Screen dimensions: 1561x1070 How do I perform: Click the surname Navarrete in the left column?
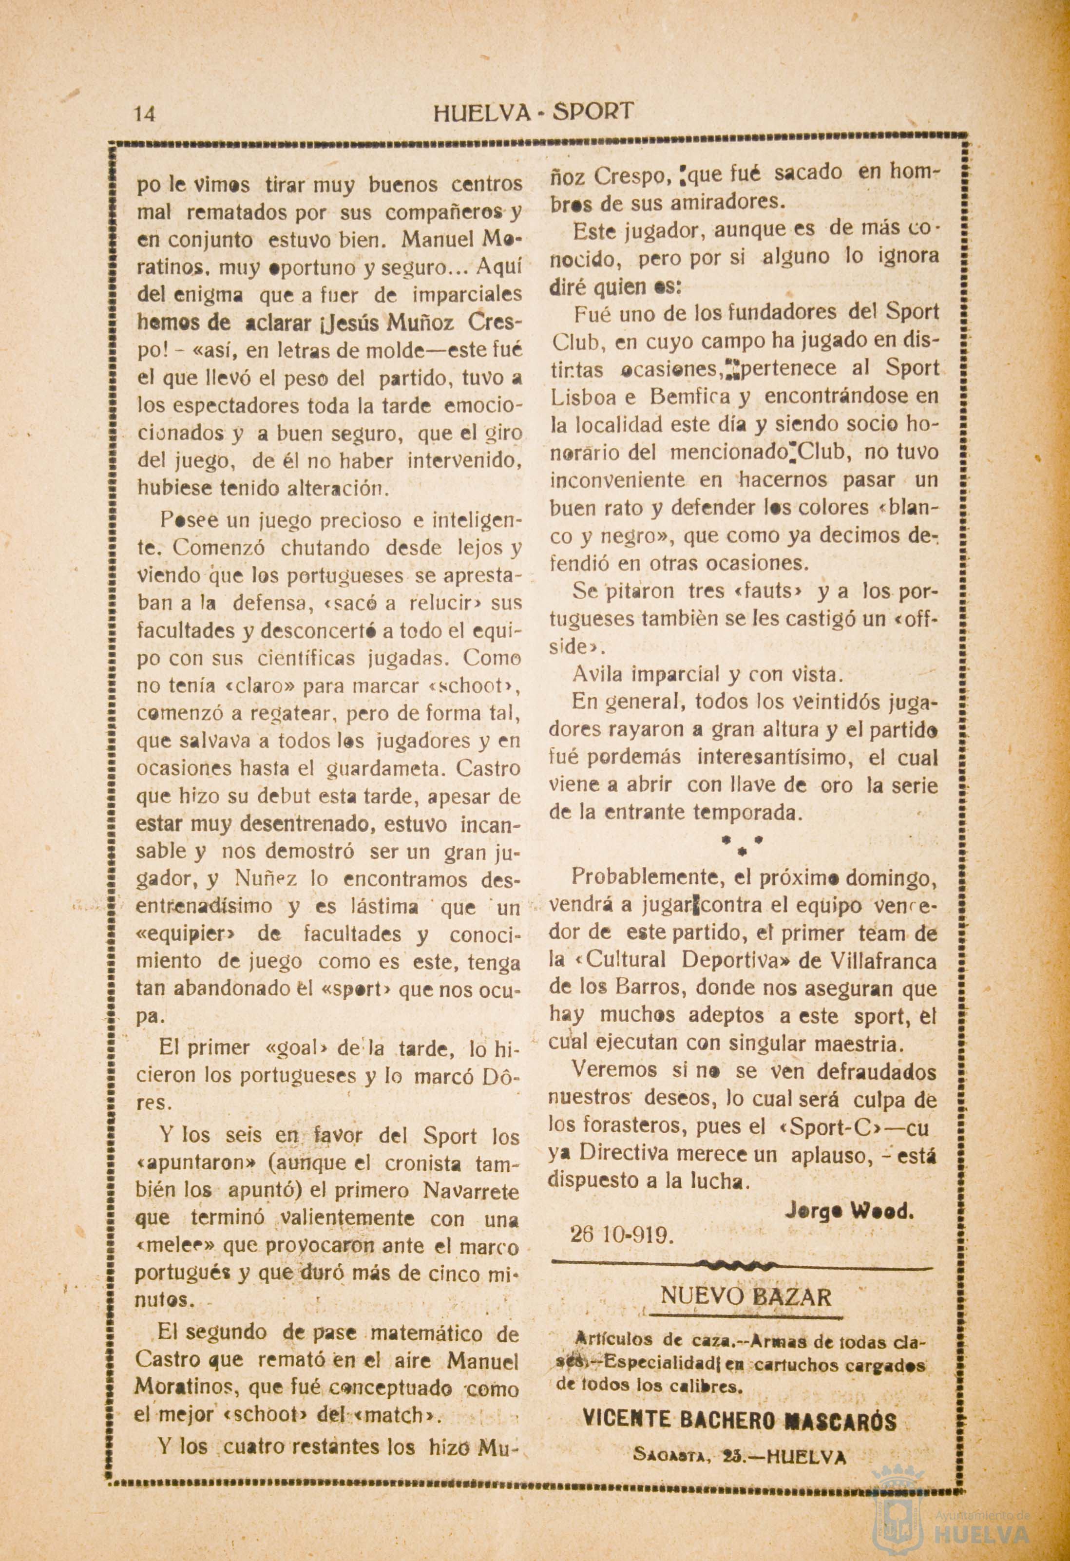pyautogui.click(x=472, y=1190)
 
